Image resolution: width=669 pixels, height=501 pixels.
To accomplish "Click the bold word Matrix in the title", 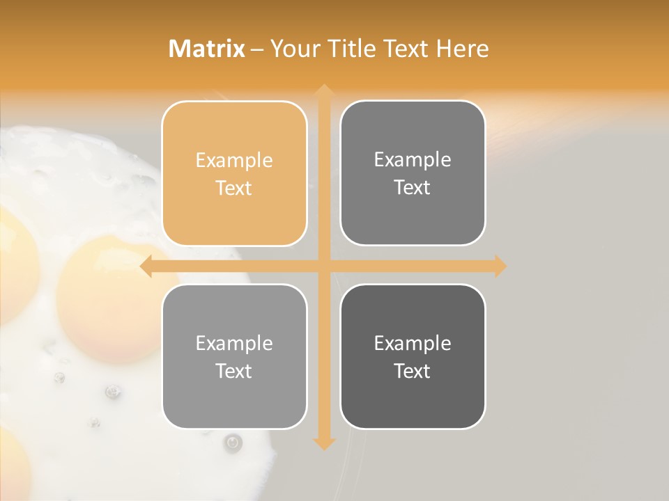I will (x=207, y=49).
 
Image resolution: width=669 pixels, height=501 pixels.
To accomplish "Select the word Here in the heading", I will (x=462, y=49).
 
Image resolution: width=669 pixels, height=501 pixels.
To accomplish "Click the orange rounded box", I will (x=234, y=173).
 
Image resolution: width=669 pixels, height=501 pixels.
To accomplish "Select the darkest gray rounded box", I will (x=413, y=356).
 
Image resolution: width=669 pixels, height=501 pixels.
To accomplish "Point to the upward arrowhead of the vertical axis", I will (x=323, y=90).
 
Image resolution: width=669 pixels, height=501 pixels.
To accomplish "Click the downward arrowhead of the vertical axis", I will (x=323, y=443).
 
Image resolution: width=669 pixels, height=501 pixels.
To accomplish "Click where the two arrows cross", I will (x=323, y=267).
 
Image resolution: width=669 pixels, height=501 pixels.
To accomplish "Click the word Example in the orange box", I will (x=234, y=161).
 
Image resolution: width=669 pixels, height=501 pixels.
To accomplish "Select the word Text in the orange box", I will (x=234, y=189).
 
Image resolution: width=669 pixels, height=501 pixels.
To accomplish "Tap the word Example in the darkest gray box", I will (x=413, y=343).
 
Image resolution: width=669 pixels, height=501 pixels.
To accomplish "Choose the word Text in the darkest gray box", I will (x=413, y=371).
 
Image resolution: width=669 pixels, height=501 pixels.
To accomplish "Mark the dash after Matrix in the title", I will (x=256, y=49).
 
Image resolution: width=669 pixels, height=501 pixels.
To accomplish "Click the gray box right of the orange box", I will (x=413, y=173).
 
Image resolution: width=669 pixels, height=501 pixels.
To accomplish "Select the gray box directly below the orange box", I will (x=234, y=356).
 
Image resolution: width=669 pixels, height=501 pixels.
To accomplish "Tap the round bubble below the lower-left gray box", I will (x=233, y=441).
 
